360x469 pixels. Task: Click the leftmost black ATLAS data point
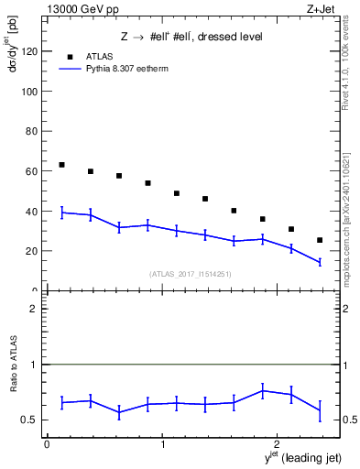[61, 165]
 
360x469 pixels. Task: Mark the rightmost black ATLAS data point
[320, 240]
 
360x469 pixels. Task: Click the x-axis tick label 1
[162, 444]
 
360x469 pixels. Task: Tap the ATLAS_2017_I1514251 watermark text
[189, 273]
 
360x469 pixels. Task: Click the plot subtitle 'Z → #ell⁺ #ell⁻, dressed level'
[191, 38]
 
